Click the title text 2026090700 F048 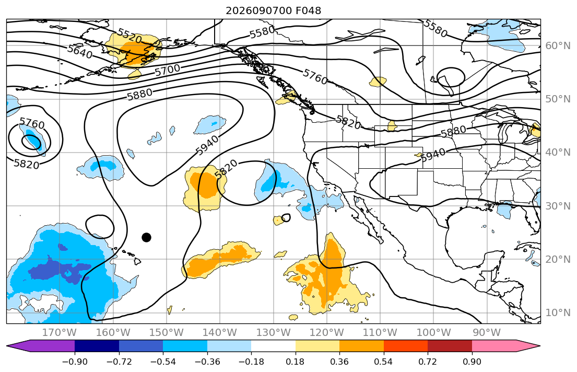(x=273, y=10)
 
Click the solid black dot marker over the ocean (x=146, y=237)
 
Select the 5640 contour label (x=80, y=52)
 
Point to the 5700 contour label (x=168, y=69)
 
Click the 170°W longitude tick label (x=60, y=333)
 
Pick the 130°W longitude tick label (x=274, y=333)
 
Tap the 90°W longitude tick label (x=487, y=333)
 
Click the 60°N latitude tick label (x=558, y=45)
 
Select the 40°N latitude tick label (x=558, y=152)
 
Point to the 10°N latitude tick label (x=558, y=313)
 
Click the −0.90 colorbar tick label (x=75, y=362)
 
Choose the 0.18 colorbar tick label (x=296, y=362)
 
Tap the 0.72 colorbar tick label (x=428, y=362)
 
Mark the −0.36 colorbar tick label (x=207, y=362)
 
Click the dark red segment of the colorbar (x=450, y=346)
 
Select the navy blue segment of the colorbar (x=97, y=346)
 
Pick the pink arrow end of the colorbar (x=506, y=346)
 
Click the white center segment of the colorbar (x=274, y=346)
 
